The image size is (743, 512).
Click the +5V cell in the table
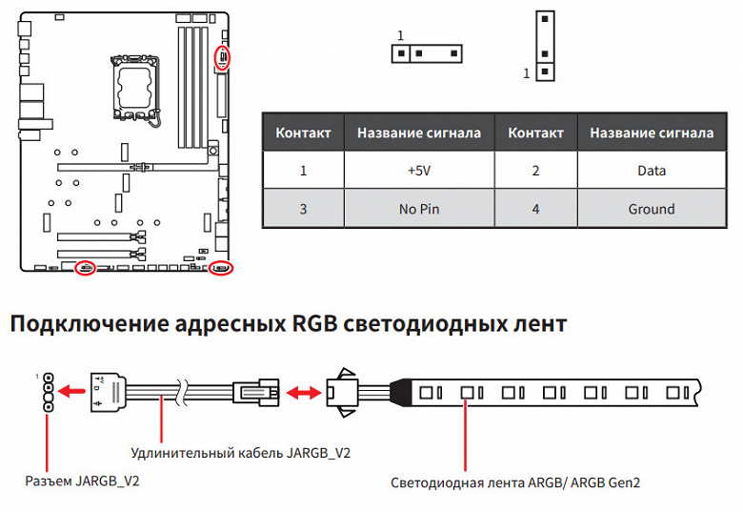[x=419, y=172]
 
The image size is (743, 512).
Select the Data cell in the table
[x=652, y=172]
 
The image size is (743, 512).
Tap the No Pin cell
[x=419, y=209]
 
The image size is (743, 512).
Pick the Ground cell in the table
[x=652, y=209]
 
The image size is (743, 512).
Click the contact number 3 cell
[x=303, y=209]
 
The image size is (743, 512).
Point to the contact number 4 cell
[x=535, y=209]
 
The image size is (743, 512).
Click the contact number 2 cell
[x=535, y=172]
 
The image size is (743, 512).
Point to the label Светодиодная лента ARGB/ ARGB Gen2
[x=515, y=482]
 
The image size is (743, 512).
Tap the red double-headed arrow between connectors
[x=302, y=391]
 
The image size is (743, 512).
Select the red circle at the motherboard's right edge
[x=223, y=57]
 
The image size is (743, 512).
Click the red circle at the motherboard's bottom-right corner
[x=222, y=268]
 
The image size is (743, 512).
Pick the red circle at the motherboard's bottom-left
[x=85, y=268]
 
